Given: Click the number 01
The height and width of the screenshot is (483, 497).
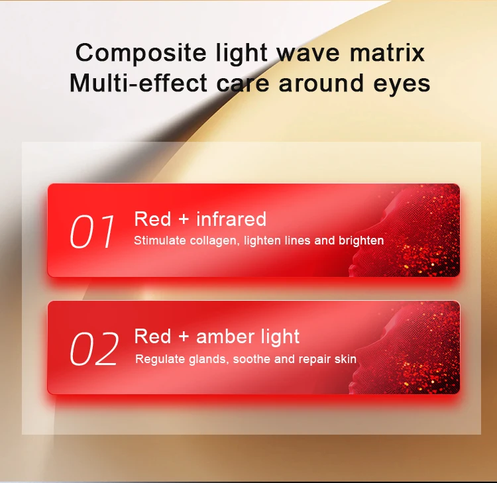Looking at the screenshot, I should (x=92, y=232).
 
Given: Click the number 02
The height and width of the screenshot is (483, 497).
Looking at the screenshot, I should (x=94, y=349).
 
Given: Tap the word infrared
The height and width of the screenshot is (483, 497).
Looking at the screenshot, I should (x=231, y=219).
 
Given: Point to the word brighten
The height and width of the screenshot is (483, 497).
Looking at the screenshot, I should (x=360, y=241).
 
